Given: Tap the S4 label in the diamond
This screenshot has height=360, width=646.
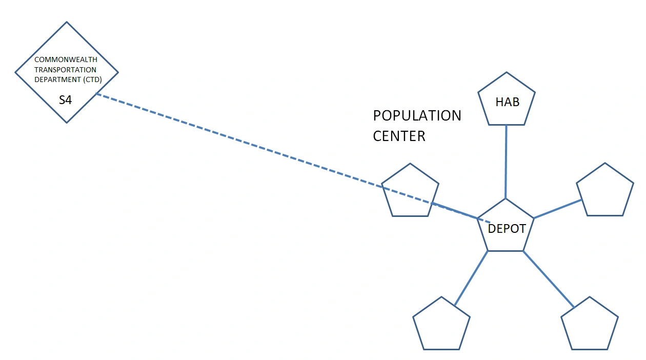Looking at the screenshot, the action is tap(65, 100).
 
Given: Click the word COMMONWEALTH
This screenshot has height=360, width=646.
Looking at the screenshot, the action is tap(66, 59).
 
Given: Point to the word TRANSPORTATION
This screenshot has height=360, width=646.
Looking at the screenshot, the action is tap(65, 70).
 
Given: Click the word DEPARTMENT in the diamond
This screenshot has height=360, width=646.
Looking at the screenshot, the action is tap(56, 79).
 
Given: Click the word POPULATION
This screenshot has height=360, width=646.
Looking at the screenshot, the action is tap(417, 115).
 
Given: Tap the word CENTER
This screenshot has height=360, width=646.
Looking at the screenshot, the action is tap(399, 136).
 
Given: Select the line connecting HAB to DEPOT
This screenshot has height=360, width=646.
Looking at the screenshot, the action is tap(506, 162).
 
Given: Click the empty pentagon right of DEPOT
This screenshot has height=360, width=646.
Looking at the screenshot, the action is tap(605, 192).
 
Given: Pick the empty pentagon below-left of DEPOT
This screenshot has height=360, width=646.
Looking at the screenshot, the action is tap(441, 326).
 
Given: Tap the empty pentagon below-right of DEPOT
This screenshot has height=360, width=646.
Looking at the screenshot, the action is tap(590, 326).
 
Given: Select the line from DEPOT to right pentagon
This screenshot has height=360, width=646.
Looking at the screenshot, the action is tap(558, 209).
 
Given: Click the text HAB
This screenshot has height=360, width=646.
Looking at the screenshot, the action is tap(507, 102).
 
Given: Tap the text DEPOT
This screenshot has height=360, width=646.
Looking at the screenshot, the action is tap(507, 229).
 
